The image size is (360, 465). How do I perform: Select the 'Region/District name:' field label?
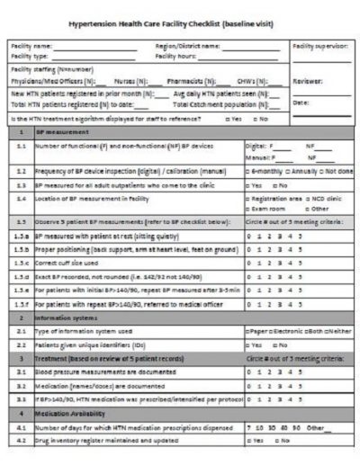tap(187, 45)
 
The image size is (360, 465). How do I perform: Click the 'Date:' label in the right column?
tap(301, 103)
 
